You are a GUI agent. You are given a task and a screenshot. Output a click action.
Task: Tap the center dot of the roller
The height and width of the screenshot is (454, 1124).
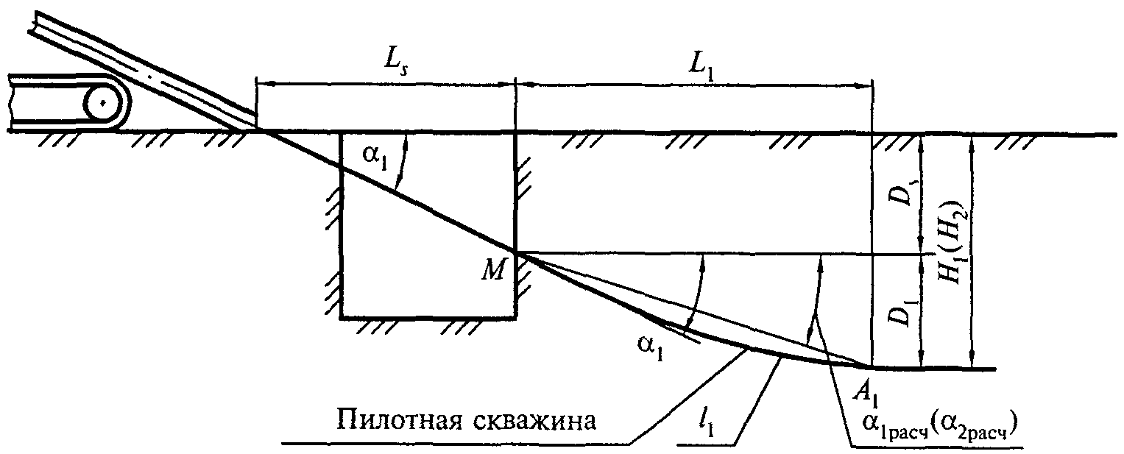(104, 103)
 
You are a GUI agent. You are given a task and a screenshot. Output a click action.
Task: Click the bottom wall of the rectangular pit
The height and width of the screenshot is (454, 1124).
(427, 318)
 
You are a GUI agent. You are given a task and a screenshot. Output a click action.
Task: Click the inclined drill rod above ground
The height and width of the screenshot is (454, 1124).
(147, 74)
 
